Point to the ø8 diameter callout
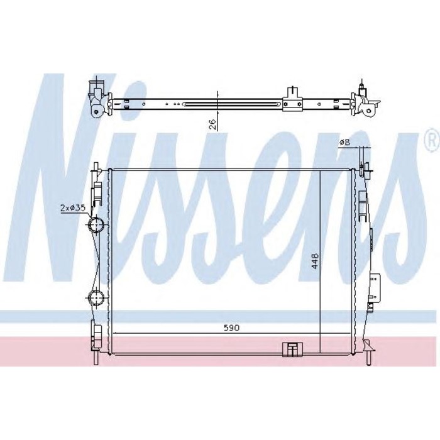pos(344,143)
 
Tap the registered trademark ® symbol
pos(431,137)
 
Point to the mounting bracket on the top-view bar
pos(290,99)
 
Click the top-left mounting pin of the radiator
pos(96,170)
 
